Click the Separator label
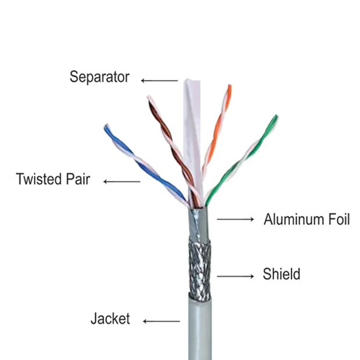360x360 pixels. coord(99,77)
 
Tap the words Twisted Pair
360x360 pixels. coord(53,179)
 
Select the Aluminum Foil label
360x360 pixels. coord(307,220)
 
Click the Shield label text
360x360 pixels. coord(282,273)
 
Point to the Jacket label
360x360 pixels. coord(110,319)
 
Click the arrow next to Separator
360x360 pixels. coord(159,81)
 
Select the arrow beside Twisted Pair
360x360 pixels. coord(122,182)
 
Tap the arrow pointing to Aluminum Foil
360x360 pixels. coord(236,219)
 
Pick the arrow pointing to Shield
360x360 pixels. coord(236,276)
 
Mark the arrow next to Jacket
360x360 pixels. coord(161,321)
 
